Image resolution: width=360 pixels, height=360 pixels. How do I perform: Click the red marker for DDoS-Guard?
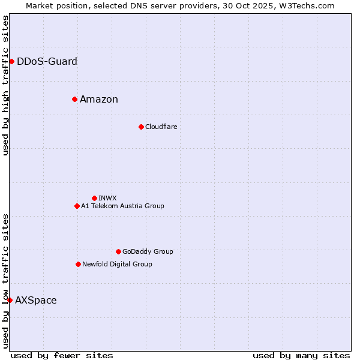point(11,61)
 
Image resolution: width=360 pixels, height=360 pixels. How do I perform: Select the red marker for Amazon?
point(74,99)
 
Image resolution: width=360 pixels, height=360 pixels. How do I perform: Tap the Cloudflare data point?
point(141,127)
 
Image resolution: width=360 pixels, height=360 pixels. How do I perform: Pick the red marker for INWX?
point(94,198)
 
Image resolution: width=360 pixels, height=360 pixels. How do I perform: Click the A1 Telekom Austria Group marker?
point(77,206)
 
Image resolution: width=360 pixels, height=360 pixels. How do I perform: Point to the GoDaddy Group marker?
point(118,251)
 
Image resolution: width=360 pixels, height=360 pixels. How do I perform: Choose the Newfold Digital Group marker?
point(78,264)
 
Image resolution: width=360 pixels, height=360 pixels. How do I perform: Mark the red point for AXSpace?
point(10,300)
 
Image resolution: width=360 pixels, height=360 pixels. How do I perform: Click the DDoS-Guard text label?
point(47,61)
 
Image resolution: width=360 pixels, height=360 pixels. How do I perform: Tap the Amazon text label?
point(99,99)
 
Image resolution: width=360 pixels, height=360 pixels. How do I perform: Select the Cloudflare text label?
point(161,127)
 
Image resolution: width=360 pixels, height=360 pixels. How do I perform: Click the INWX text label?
point(107,198)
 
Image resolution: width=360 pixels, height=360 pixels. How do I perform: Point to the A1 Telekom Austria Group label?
point(122,206)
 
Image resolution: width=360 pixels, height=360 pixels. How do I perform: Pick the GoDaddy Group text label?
point(148,251)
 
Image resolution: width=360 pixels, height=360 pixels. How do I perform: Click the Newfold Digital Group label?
point(117,264)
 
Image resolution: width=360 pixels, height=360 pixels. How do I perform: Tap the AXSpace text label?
point(36,300)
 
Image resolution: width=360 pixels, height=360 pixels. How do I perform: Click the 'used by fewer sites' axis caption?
point(62,355)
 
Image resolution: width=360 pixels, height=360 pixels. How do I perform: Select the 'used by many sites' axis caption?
point(301,355)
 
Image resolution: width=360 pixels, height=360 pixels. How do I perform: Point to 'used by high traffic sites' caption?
point(5,85)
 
